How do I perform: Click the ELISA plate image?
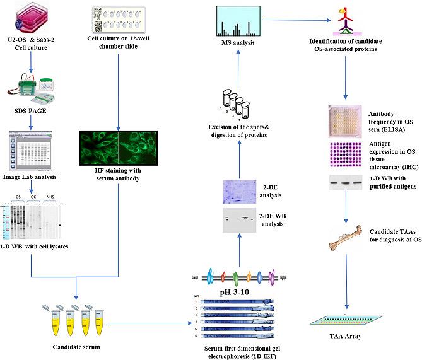(x=344, y=122)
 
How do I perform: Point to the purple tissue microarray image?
(x=344, y=154)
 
